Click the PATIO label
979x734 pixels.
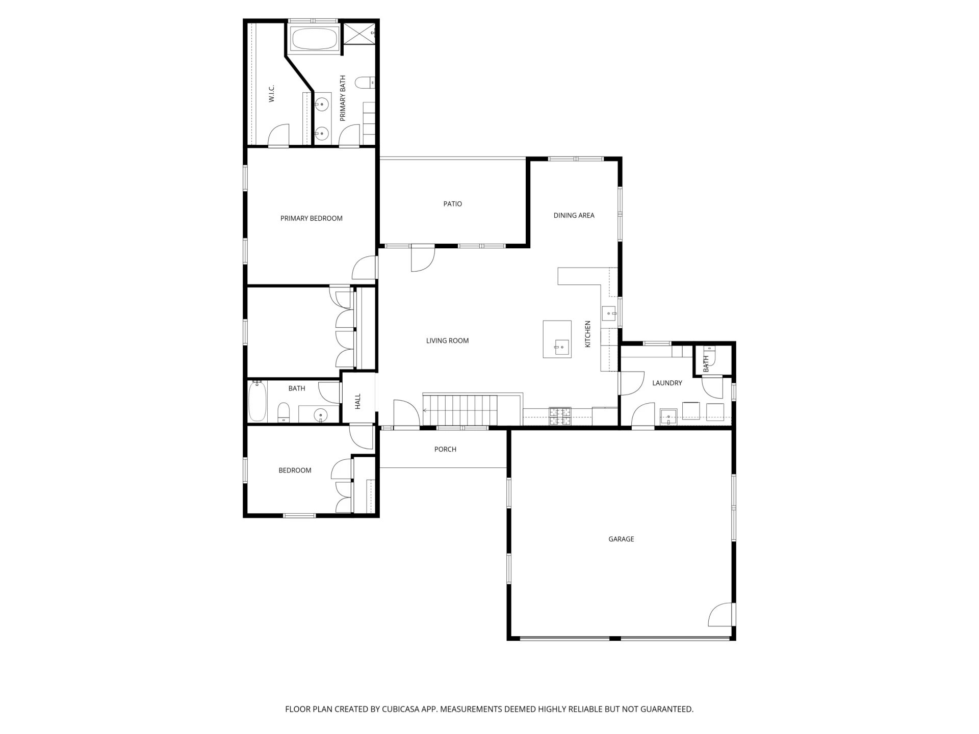pyautogui.click(x=452, y=204)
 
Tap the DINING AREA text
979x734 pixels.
pyautogui.click(x=574, y=216)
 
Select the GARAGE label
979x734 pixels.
pyautogui.click(x=621, y=539)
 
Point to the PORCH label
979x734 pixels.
pyautogui.click(x=445, y=449)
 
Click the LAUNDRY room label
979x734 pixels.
pyautogui.click(x=667, y=383)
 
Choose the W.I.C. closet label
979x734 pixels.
pyautogui.click(x=271, y=93)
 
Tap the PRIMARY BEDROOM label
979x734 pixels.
pyautogui.click(x=311, y=218)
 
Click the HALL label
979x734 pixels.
pyautogui.click(x=357, y=401)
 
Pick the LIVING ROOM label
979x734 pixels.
pyautogui.click(x=447, y=340)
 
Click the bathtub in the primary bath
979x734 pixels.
pyautogui.click(x=314, y=38)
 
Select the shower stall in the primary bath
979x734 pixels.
pyautogui.click(x=359, y=34)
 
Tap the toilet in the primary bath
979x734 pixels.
pyautogui.click(x=365, y=82)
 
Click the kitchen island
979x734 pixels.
pyautogui.click(x=557, y=339)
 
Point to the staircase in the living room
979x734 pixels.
pyautogui.click(x=459, y=409)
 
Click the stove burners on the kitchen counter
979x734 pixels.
pyautogui.click(x=560, y=416)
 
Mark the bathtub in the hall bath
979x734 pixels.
pyautogui.click(x=257, y=402)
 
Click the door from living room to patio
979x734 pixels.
pyautogui.click(x=423, y=258)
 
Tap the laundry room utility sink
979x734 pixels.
pyautogui.click(x=668, y=416)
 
